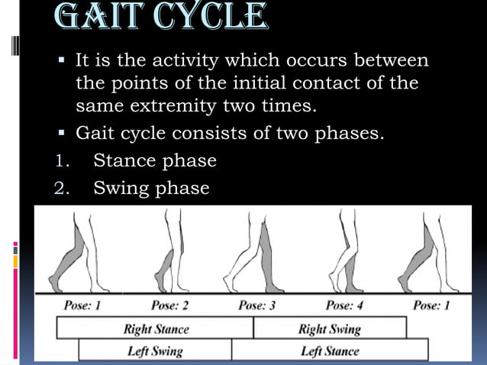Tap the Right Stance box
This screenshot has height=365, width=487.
[x=156, y=330]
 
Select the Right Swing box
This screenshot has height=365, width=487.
[x=329, y=330]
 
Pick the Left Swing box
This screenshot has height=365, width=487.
[x=155, y=351]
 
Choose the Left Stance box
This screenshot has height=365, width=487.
[x=329, y=351]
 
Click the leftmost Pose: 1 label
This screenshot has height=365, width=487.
[x=82, y=306]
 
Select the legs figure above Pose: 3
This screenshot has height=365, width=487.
[x=255, y=252]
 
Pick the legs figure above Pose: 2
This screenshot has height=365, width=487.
[x=173, y=252]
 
